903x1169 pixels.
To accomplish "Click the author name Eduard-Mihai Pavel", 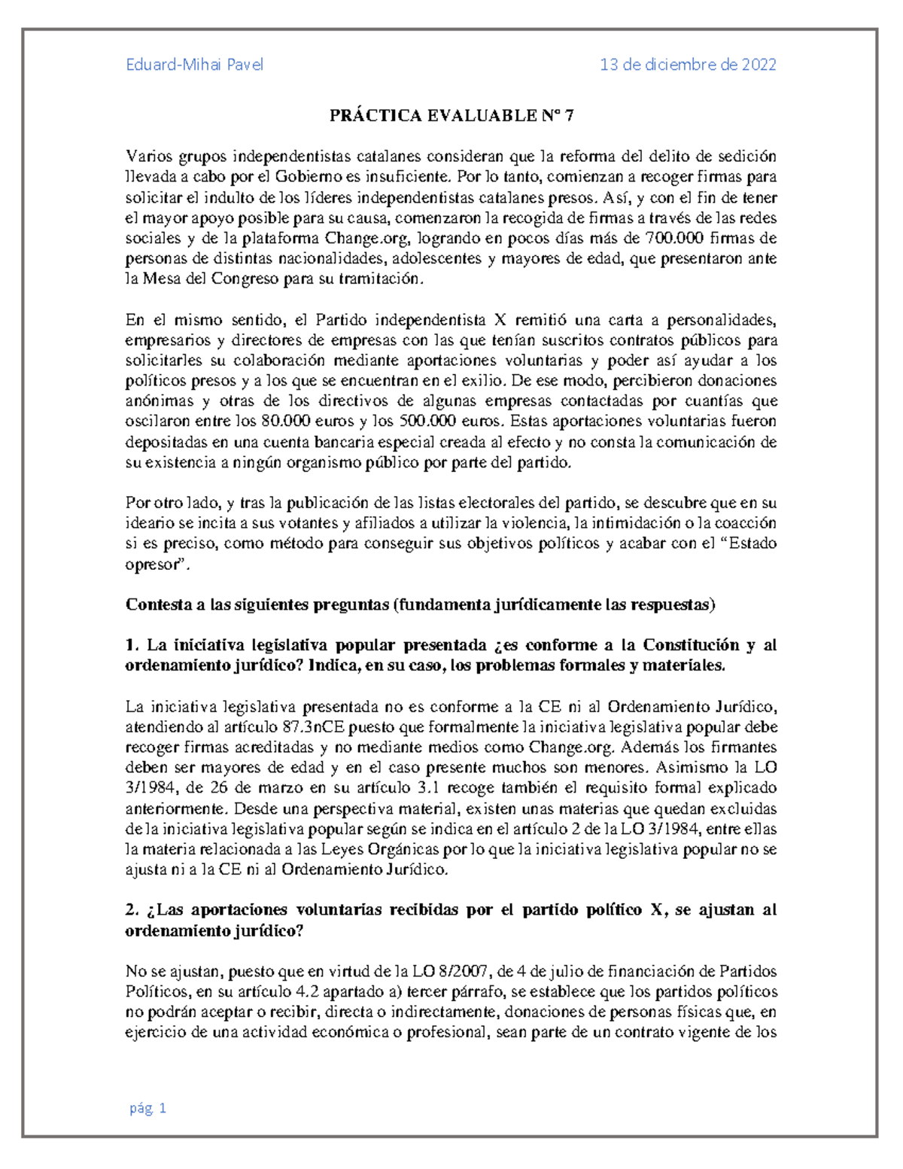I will point(194,65).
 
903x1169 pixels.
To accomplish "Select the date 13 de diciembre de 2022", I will point(688,65).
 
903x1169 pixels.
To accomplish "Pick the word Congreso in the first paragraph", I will point(216,279).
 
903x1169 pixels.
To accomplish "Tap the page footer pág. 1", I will point(147,1108).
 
